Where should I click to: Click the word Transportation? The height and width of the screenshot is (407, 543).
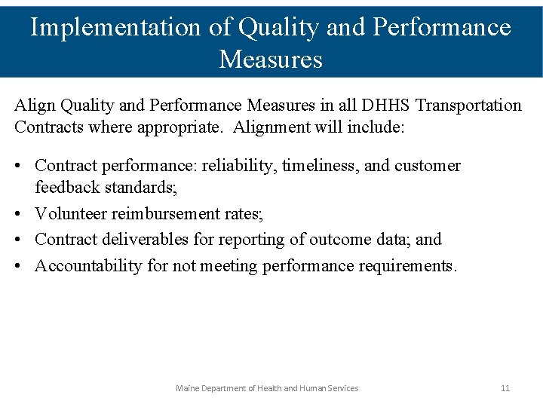point(469,105)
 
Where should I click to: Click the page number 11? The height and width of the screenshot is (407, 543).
point(505,388)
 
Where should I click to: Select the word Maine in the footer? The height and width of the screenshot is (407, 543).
point(188,388)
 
